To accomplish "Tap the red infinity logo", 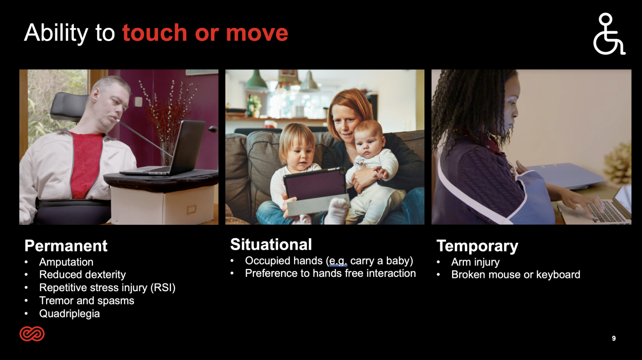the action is (x=32, y=334).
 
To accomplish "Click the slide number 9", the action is (x=614, y=338).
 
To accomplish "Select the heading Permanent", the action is (x=66, y=246).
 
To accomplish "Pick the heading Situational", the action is (x=271, y=244).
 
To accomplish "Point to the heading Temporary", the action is (x=477, y=247).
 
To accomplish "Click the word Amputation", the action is (x=66, y=262).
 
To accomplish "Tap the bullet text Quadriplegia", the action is (x=69, y=314).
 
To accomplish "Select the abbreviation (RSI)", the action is (x=163, y=288).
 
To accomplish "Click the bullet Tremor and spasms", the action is (x=87, y=300).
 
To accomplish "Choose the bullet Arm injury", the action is (x=475, y=262).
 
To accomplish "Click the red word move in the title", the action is (x=257, y=33).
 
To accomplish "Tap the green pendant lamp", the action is (x=256, y=81).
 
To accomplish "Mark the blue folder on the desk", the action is (x=563, y=176).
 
